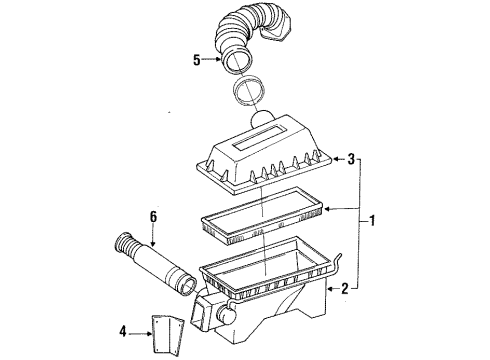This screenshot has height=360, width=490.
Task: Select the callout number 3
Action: pos(351,157)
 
